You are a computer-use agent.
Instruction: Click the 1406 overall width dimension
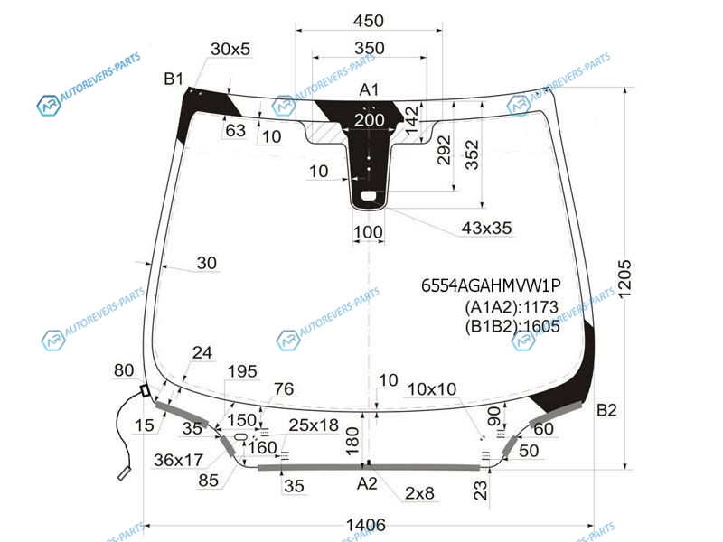(366, 525)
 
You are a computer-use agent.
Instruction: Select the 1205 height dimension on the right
(624, 279)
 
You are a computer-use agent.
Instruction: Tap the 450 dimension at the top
(369, 21)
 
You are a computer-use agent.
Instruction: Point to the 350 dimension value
(370, 48)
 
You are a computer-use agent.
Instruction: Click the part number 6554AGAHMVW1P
(491, 285)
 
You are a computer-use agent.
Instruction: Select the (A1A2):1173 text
(512, 306)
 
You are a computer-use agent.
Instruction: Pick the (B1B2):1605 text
(512, 326)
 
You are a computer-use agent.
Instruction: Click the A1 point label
(369, 89)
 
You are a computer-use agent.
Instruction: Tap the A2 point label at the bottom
(367, 483)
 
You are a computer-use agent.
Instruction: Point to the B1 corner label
(174, 79)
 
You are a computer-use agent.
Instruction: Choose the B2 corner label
(606, 410)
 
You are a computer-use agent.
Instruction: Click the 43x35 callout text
(486, 228)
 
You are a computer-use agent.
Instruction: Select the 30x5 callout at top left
(230, 49)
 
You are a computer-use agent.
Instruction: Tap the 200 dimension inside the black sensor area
(370, 120)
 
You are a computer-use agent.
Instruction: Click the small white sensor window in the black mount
(369, 196)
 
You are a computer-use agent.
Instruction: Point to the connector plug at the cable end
(124, 473)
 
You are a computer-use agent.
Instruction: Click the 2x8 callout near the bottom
(419, 493)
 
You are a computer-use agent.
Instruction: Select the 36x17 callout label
(178, 460)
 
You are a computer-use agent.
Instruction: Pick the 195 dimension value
(242, 371)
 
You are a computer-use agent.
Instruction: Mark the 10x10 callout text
(432, 389)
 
